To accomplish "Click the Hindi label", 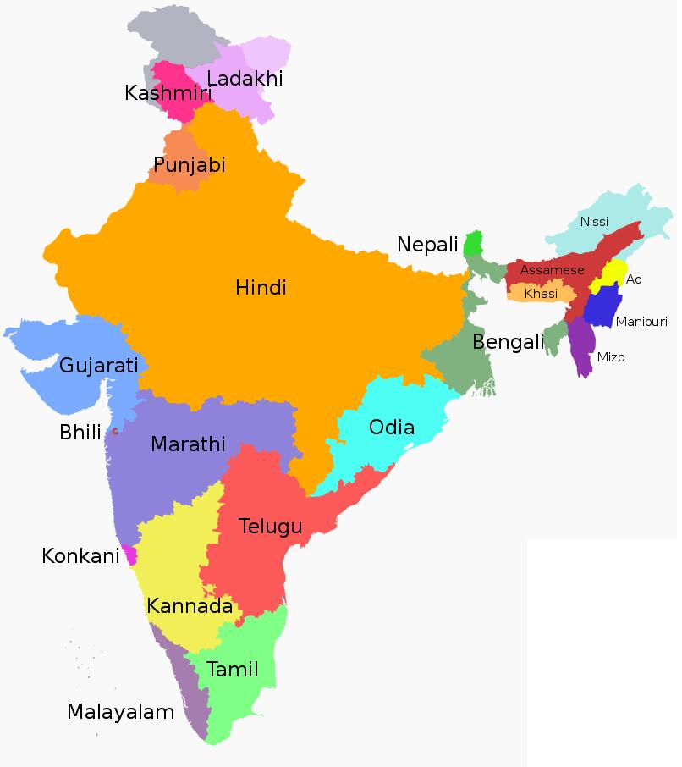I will (x=261, y=288).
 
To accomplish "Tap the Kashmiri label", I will (x=167, y=93).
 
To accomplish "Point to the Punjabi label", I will (x=190, y=164).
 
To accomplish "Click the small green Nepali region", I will (x=473, y=244).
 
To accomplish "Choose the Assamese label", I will (x=552, y=270).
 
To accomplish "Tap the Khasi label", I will (x=541, y=294).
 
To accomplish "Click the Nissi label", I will (x=594, y=222).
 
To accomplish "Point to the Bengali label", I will (x=508, y=342).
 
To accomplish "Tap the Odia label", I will (x=392, y=428).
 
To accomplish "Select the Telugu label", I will (x=270, y=527).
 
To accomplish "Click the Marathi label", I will (x=188, y=444).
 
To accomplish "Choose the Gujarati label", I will (x=98, y=367).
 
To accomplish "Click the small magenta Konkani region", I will (x=130, y=555).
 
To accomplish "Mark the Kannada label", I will (x=190, y=606).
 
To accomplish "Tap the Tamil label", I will (x=233, y=670).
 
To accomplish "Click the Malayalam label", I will (x=121, y=712).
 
